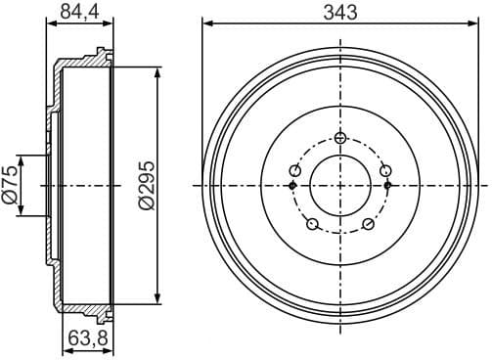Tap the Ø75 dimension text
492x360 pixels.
point(10,185)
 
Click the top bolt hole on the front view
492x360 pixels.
point(340,137)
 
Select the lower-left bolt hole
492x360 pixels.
point(312,225)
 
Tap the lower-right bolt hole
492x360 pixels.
point(369,225)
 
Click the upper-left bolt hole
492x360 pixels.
point(294,170)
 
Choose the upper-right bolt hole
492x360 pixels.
point(385,170)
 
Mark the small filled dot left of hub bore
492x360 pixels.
point(293,185)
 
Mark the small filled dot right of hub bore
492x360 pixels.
point(387,185)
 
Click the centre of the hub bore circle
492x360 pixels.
point(340,185)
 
